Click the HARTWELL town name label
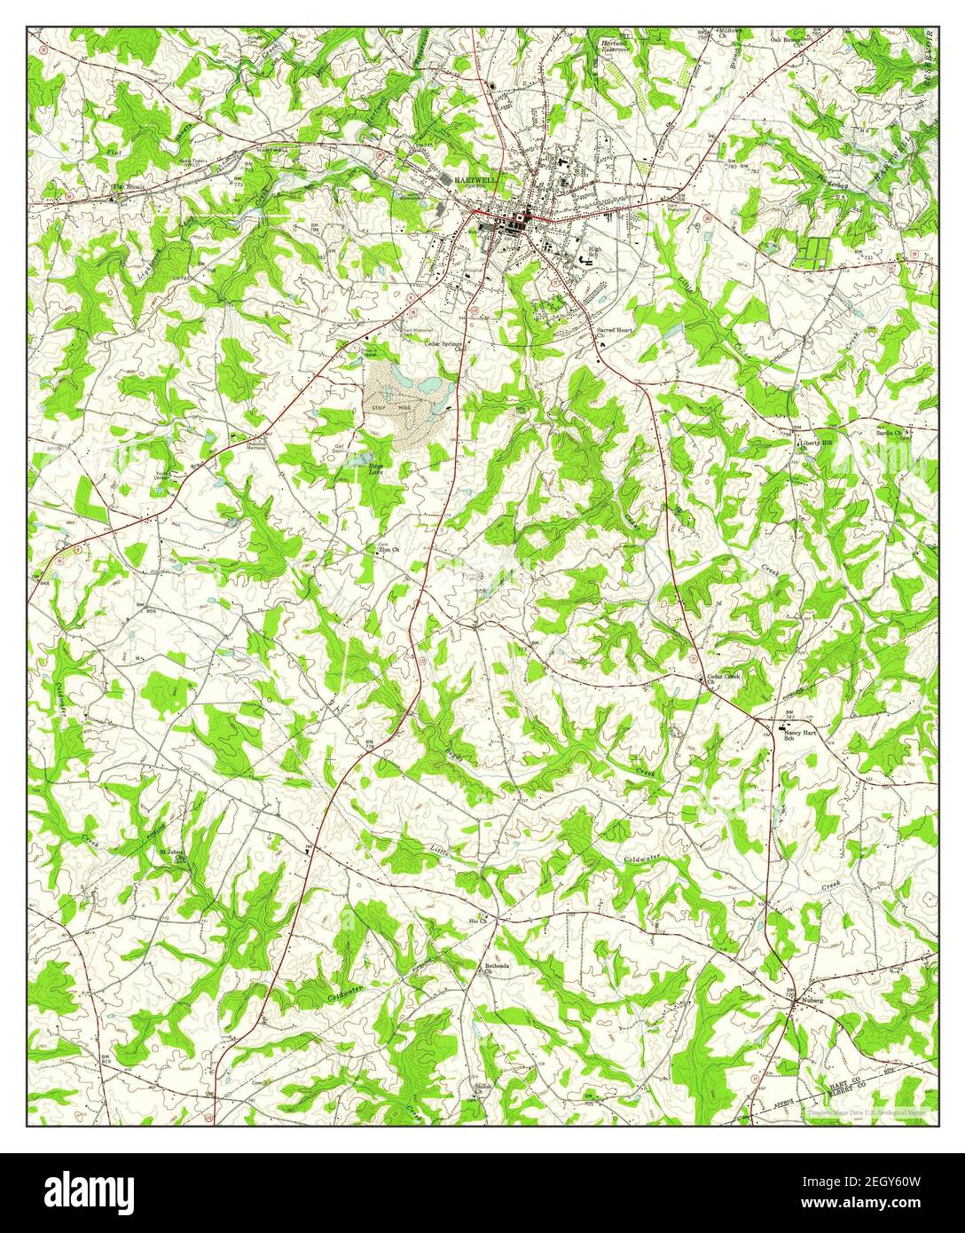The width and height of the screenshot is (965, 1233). pos(475,178)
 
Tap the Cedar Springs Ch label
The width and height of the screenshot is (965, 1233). pos(445,345)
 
